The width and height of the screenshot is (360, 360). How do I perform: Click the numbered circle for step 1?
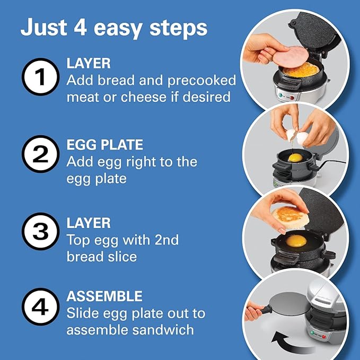(x=39, y=78)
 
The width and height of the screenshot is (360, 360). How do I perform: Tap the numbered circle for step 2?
(x=39, y=154)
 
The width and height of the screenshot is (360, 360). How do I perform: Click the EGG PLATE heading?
(x=104, y=144)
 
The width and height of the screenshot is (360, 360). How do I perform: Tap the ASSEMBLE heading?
(x=104, y=295)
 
